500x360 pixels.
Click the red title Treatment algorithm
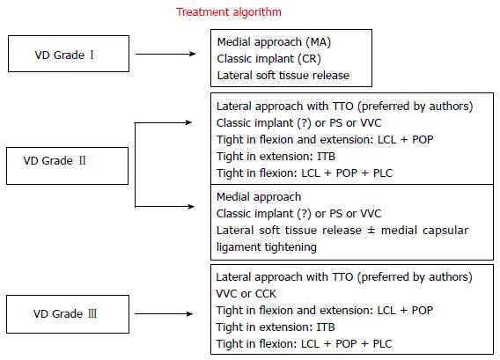[x=229, y=12]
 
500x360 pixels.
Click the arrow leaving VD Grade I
[x=165, y=54]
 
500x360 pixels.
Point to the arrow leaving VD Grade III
[x=164, y=314]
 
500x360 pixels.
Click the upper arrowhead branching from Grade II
[x=188, y=122]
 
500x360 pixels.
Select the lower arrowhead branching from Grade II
[x=191, y=207]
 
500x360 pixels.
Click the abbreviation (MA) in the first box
[x=319, y=42]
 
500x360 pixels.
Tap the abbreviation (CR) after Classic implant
[x=309, y=59]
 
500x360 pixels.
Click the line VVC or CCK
[x=246, y=294]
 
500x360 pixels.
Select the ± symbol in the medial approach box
[x=371, y=231]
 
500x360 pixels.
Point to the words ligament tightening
[x=267, y=247]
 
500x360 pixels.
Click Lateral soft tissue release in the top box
[x=283, y=76]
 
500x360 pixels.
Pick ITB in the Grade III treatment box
[x=326, y=327]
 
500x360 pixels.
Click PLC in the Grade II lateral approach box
[x=383, y=173]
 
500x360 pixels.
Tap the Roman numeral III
[x=92, y=313]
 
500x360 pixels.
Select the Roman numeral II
[x=82, y=160]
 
